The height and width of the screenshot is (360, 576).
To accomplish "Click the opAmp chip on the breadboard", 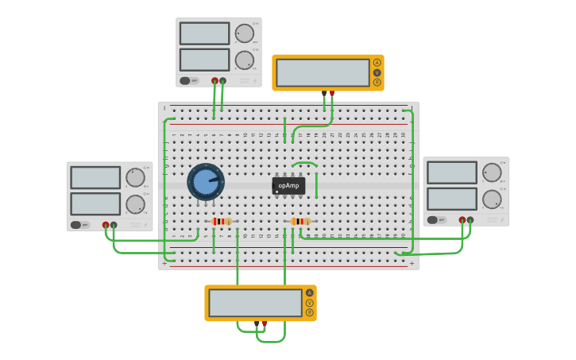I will tap(288, 185).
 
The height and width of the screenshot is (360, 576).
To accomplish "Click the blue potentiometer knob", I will tap(206, 181).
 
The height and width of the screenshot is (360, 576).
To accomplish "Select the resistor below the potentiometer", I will tap(222, 222).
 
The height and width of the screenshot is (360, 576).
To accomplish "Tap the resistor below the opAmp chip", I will tap(300, 222).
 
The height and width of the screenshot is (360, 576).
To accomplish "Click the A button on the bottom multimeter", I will tap(309, 292).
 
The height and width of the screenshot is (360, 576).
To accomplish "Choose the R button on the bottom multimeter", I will tap(309, 312).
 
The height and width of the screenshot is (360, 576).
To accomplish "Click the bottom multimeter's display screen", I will tap(255, 303).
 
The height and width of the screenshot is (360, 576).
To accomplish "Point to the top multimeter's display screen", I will tap(323, 72).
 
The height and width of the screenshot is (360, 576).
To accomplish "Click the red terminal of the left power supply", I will tap(106, 225).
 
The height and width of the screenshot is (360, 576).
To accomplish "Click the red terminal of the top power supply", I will tap(215, 80).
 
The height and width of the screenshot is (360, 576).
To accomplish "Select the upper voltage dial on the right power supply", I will tap(492, 172).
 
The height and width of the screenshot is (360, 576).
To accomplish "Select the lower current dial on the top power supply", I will tap(244, 60).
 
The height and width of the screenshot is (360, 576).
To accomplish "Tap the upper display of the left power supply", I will tap(95, 177).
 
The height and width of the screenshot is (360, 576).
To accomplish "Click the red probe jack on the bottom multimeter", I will tap(265, 323).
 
